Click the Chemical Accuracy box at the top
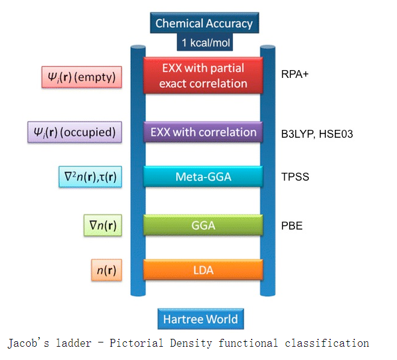(x=203, y=24)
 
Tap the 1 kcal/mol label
(x=204, y=43)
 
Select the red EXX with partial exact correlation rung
(x=203, y=76)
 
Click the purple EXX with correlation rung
(x=203, y=132)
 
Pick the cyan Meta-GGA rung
(x=203, y=176)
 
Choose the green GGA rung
(x=203, y=225)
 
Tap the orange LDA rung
(x=203, y=269)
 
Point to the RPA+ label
(x=295, y=76)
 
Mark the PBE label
(x=292, y=227)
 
